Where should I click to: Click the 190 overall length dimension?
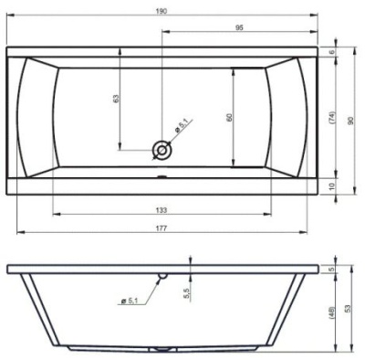click(x=162, y=11)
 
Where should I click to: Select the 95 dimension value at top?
click(x=239, y=27)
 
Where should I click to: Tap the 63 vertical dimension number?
click(x=116, y=99)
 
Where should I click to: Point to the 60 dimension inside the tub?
click(x=229, y=117)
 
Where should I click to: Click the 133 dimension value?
click(x=162, y=210)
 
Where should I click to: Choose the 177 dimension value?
click(x=162, y=228)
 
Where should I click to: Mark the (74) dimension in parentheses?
click(x=332, y=118)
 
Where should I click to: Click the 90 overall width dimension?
click(x=350, y=121)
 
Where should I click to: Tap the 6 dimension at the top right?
click(x=332, y=52)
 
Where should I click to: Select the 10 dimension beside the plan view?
click(x=332, y=185)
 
